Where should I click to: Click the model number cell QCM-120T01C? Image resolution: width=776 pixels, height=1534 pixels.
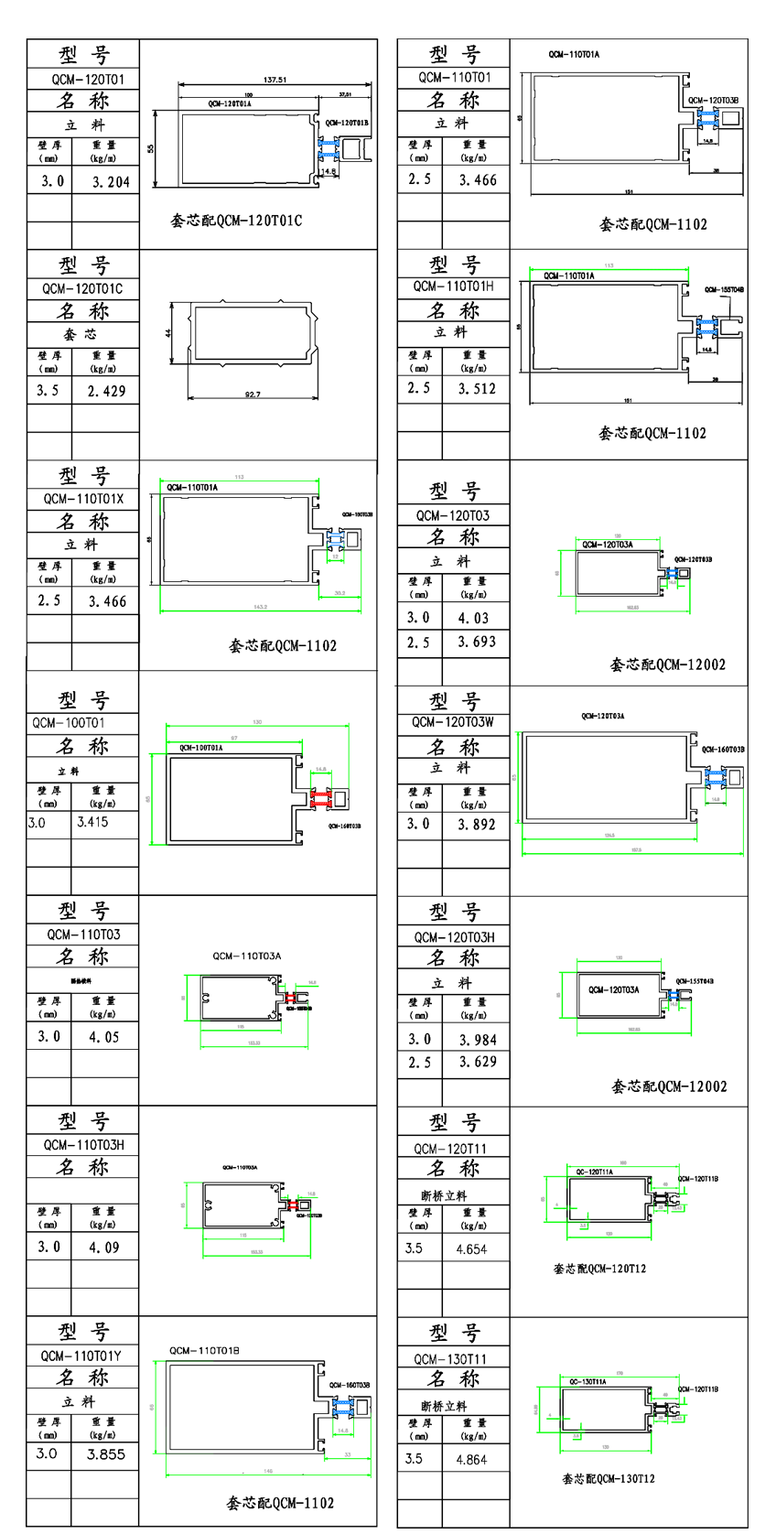click(x=82, y=289)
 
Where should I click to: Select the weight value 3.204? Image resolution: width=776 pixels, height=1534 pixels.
click(x=111, y=182)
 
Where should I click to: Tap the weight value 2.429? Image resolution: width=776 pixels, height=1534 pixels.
click(x=106, y=391)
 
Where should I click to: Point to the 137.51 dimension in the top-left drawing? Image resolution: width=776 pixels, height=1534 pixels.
click(x=275, y=80)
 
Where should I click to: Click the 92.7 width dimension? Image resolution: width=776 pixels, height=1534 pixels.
click(x=253, y=394)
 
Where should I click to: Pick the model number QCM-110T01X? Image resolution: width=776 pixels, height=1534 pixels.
click(x=83, y=500)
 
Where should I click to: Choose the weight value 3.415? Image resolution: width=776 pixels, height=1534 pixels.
click(x=92, y=822)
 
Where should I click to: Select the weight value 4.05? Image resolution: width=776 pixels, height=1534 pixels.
click(x=103, y=1037)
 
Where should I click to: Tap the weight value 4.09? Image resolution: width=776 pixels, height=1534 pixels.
click(x=103, y=1247)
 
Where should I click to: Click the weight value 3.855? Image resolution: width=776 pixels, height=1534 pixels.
click(x=106, y=1454)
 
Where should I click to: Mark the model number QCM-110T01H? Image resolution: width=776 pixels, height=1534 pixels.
click(x=453, y=286)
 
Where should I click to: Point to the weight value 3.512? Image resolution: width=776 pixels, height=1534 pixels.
click(x=477, y=389)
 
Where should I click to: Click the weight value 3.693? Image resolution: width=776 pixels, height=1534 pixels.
click(x=477, y=643)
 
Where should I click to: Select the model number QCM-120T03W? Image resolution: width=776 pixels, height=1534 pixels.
click(x=453, y=722)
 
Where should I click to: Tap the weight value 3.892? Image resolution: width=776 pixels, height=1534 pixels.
click(x=477, y=825)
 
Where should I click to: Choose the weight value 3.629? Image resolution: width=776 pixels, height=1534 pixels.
click(x=478, y=1063)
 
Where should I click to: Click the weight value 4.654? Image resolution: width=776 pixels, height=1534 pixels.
click(x=471, y=1249)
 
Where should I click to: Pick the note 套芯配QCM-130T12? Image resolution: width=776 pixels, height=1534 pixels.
click(x=609, y=1479)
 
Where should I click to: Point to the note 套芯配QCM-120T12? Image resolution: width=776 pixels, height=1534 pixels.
click(x=599, y=1269)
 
